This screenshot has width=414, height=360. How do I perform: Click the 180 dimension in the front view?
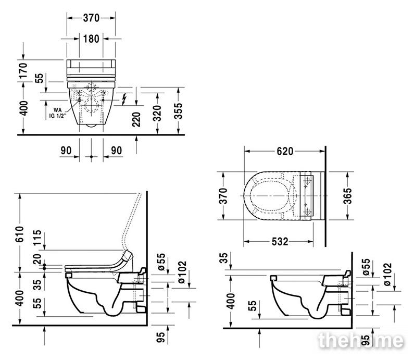(91, 39)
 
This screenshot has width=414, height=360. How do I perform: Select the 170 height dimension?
(23, 70)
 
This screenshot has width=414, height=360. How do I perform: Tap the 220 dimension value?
(136, 120)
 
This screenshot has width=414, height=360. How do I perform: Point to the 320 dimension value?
(157, 113)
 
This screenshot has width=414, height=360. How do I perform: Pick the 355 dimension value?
(178, 111)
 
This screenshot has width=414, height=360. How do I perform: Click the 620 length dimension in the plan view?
(285, 151)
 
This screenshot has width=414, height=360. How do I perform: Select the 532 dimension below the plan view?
(280, 241)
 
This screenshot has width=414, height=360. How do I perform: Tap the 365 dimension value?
(347, 196)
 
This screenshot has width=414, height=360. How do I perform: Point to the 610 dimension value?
(20, 234)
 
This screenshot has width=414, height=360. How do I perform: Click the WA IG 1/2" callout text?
(57, 113)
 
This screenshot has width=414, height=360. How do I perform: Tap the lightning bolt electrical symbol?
(124, 100)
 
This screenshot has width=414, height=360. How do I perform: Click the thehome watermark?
(361, 341)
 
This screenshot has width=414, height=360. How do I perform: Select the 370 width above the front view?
(91, 18)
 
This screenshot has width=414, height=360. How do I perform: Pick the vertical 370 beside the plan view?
(223, 196)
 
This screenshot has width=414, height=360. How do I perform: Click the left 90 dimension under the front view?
(66, 151)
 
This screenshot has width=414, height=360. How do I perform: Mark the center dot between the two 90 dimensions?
(91, 157)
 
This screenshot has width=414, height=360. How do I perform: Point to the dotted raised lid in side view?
(131, 222)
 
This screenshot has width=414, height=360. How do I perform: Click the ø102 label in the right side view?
(387, 274)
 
